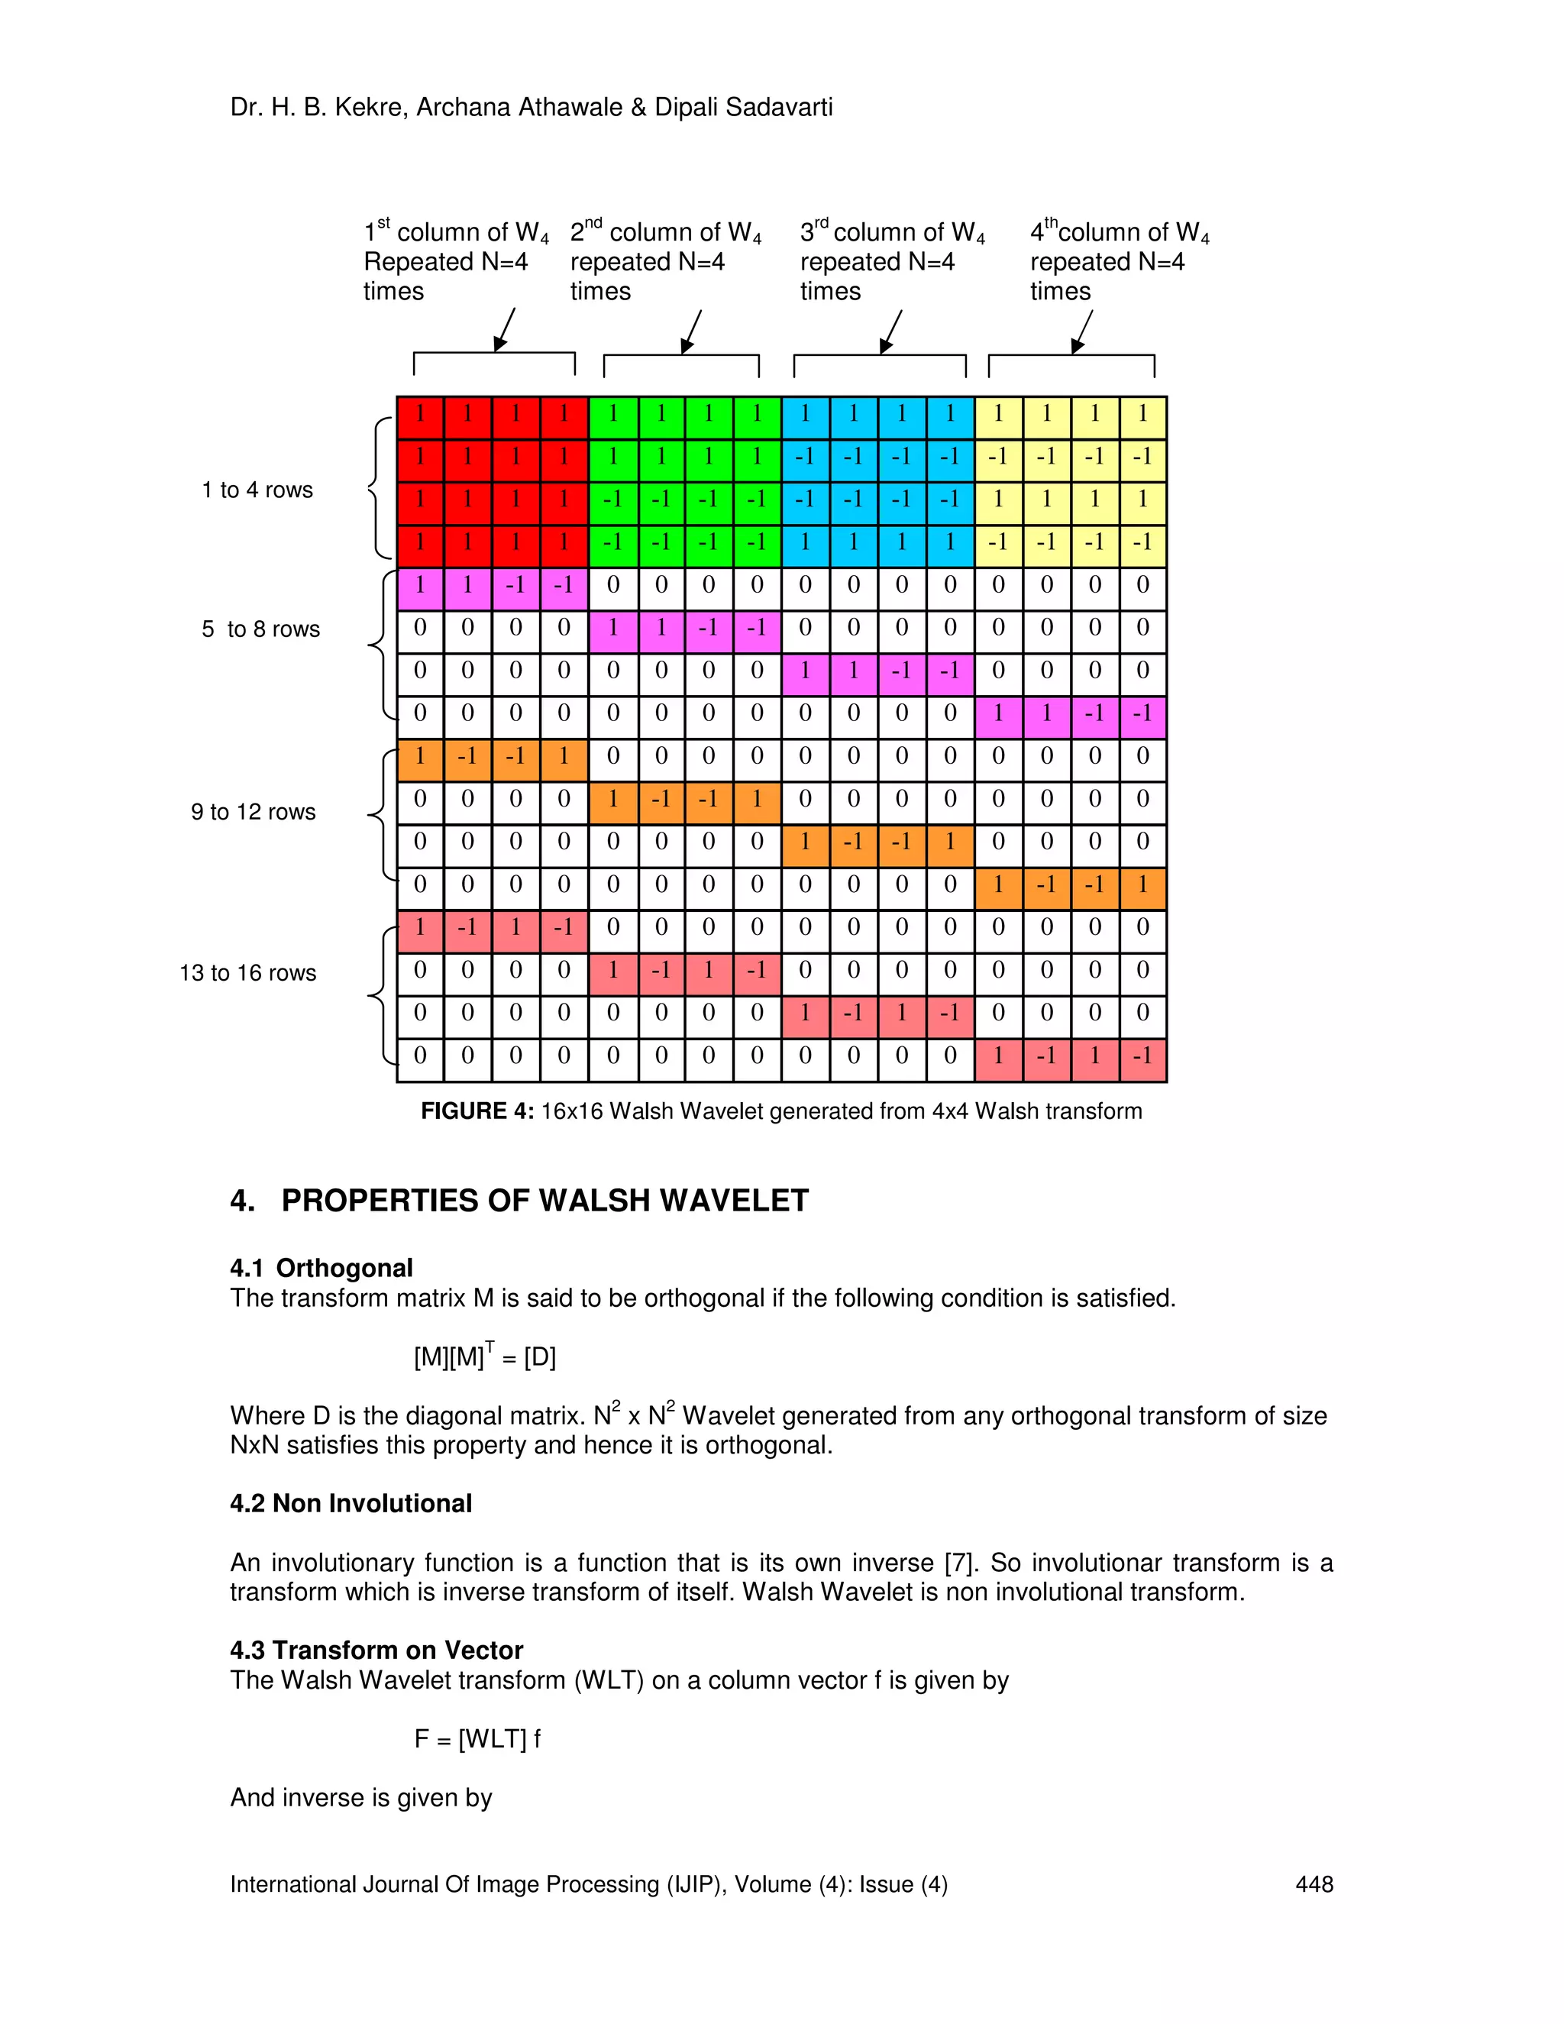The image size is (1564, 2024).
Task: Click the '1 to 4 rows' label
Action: click(x=257, y=490)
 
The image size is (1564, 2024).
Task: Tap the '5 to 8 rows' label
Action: click(x=260, y=629)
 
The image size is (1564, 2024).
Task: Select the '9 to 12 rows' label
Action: click(x=253, y=812)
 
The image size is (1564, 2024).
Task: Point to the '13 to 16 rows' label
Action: click(x=247, y=973)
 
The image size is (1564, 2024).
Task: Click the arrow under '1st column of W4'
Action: click(x=505, y=330)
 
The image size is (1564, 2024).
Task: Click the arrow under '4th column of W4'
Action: click(x=1082, y=331)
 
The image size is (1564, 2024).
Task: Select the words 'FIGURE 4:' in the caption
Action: click(x=477, y=1111)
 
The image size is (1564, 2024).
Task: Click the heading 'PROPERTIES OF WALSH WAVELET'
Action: click(x=544, y=1201)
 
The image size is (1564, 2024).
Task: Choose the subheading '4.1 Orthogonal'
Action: click(x=322, y=1268)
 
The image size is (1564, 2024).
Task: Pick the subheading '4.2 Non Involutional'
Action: click(x=351, y=1503)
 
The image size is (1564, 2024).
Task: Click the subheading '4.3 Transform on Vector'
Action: click(x=376, y=1651)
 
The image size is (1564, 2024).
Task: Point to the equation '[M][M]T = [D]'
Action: click(x=485, y=1356)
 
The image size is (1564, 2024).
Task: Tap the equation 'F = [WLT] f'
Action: click(x=477, y=1739)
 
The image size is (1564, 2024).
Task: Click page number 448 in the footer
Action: click(x=1314, y=1884)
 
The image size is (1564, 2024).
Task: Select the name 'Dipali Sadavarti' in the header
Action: click(x=743, y=108)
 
